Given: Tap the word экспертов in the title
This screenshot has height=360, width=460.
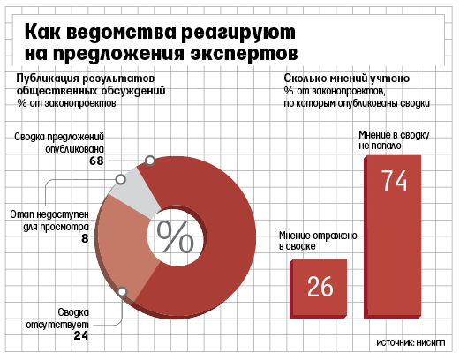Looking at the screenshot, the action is (244, 54).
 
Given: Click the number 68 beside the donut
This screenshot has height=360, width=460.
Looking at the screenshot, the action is (96, 161).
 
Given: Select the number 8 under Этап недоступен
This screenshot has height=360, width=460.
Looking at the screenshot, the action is (85, 238).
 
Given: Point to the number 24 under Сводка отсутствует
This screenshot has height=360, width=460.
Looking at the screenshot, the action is (81, 335).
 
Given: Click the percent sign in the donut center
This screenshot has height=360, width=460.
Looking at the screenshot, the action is (175, 237).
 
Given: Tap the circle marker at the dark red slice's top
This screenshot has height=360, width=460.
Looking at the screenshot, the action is (150, 161).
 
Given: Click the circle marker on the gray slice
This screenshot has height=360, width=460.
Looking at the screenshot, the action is (120, 179).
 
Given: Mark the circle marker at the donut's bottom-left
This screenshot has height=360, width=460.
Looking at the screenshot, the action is (122, 292).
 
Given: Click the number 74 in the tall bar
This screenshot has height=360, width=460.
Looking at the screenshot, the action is (394, 181).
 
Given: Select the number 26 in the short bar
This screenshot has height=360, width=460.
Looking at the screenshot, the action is (320, 287).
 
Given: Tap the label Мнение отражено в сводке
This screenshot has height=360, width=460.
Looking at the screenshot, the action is (318, 241).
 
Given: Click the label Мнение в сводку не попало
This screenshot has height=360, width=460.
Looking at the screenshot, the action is (394, 140).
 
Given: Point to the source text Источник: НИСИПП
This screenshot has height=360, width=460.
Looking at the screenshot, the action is (411, 343).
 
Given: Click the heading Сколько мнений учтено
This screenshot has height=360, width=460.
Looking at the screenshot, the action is (347, 79).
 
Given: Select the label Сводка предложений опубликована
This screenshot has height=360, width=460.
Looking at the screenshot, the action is (59, 143).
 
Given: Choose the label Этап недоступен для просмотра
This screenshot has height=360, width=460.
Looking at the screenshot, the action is (49, 221).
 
